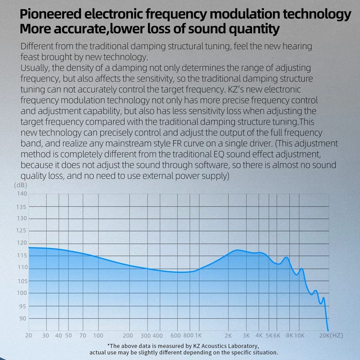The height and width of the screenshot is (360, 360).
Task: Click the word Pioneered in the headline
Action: [51, 14]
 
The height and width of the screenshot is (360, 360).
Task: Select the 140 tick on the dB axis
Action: [22, 193]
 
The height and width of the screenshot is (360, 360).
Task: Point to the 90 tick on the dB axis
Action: [22, 318]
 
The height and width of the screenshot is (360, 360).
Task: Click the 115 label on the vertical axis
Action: [22, 255]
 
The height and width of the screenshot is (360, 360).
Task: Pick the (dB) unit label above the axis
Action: [20, 185]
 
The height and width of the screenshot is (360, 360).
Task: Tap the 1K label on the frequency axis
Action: [198, 335]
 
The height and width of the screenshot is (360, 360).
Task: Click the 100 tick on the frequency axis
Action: [98, 335]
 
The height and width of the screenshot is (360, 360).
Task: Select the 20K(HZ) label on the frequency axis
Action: [331, 335]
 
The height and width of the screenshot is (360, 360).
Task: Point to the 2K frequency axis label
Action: [228, 335]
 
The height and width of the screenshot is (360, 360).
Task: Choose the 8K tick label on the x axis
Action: [289, 335]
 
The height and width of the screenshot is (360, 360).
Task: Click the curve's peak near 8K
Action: [286, 258]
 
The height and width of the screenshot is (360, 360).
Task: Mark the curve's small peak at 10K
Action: [301, 269]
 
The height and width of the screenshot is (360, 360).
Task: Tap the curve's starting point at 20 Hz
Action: [29, 247]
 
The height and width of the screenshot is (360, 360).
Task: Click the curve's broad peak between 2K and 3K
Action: [237, 250]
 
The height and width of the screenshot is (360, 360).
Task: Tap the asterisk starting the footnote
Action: [109, 345]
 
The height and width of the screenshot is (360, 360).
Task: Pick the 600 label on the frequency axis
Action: [175, 335]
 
